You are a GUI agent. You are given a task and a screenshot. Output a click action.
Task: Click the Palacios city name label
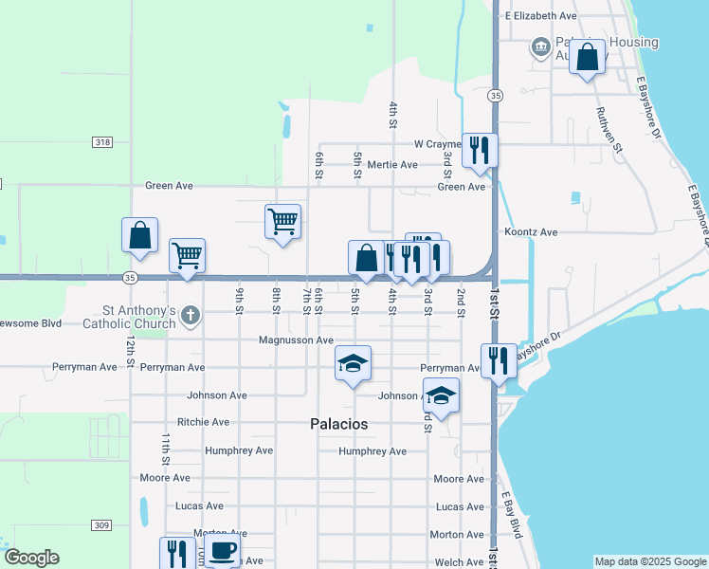[x=338, y=424]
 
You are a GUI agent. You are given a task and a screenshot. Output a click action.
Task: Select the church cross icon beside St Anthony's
[x=191, y=315]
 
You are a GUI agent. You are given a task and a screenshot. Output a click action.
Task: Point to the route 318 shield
[x=102, y=142]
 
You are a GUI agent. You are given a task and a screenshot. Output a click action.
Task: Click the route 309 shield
[x=102, y=524]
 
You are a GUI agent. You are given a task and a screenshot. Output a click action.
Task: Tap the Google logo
[x=31, y=558]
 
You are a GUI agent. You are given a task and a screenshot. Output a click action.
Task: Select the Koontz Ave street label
[x=531, y=231]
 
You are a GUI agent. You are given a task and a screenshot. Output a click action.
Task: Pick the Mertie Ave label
[x=392, y=164]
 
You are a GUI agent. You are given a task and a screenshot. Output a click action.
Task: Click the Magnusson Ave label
[x=297, y=340]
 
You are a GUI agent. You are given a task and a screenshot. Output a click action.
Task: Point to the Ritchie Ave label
[x=203, y=422]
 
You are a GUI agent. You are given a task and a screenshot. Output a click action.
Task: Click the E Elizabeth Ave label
[x=540, y=16]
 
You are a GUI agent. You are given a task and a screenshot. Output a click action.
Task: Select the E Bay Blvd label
[x=513, y=515]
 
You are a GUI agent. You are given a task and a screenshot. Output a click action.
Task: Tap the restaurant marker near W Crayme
[x=480, y=150]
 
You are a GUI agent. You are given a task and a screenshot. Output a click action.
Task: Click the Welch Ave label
[x=460, y=562]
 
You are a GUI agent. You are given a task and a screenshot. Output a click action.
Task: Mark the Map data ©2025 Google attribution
[x=649, y=561]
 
